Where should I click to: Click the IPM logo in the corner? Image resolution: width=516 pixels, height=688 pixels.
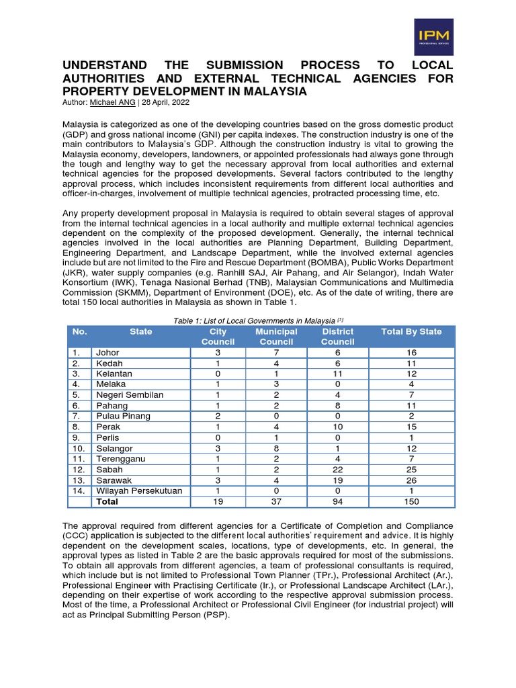pos(433,36)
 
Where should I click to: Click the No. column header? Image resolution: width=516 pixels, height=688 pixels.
pos(79,331)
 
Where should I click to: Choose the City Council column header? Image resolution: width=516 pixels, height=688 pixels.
pos(218,337)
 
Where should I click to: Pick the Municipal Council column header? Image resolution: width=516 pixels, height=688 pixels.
pos(276,337)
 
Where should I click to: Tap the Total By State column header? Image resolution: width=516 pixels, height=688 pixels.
pos(411,331)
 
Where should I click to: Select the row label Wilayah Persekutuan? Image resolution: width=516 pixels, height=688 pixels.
pos(139,491)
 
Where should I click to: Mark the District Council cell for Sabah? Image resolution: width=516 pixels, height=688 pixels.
pos(337,470)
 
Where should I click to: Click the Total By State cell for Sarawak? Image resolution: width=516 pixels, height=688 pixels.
pos(411,480)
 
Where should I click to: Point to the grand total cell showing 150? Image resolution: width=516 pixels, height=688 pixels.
pos(411,501)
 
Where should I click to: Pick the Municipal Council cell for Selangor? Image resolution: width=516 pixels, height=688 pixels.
pos(276,448)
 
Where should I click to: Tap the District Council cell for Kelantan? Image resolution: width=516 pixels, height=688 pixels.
pos(337,374)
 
